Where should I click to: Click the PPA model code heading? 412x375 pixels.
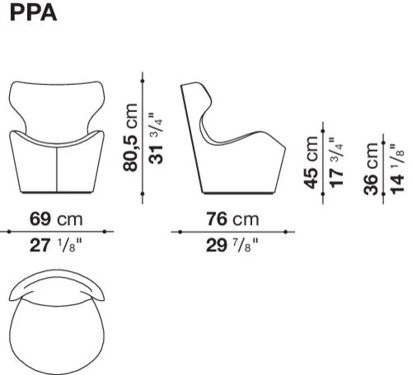(x=33, y=13)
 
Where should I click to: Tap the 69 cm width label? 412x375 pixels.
(x=56, y=219)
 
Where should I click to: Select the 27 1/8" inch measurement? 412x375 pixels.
(x=56, y=245)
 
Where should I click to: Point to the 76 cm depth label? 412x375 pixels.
(x=232, y=219)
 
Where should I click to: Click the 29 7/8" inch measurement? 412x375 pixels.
(x=232, y=245)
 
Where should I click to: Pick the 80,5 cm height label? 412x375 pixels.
(x=130, y=138)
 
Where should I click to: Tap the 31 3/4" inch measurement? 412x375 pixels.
(x=156, y=138)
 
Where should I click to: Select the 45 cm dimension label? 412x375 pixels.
(x=311, y=162)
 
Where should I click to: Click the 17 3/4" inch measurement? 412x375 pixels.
(x=336, y=163)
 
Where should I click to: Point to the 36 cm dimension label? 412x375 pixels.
(x=371, y=169)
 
